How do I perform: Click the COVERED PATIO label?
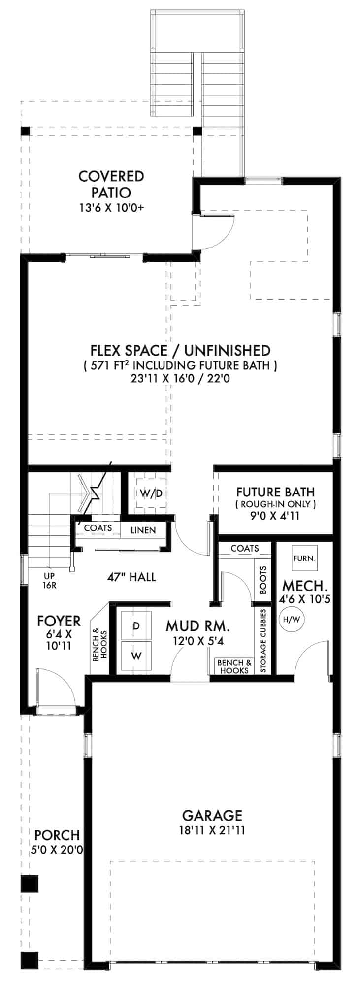(x=111, y=184)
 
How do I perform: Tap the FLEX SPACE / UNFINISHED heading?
(x=180, y=350)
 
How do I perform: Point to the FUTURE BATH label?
(x=275, y=492)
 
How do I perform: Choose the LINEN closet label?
(x=143, y=530)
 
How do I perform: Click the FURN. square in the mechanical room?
(x=304, y=558)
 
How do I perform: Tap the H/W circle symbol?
(x=291, y=618)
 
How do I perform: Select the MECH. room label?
(x=305, y=586)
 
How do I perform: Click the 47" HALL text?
(x=131, y=577)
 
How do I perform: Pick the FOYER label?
(x=59, y=621)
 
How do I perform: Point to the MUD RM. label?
(x=197, y=626)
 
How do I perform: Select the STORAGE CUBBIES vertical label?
(x=263, y=641)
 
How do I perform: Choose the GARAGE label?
(x=212, y=815)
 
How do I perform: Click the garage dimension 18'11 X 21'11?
(x=212, y=831)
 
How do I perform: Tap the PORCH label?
(x=57, y=835)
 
